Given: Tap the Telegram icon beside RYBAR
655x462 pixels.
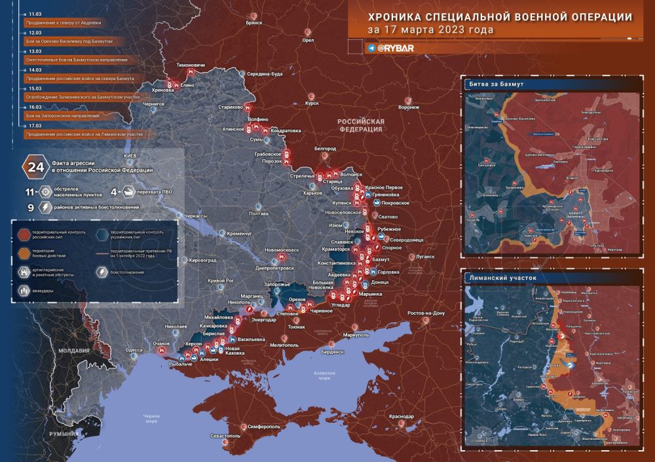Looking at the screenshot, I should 372,48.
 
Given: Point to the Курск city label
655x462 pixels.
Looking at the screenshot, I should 312,103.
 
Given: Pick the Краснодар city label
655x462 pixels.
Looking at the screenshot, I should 401,416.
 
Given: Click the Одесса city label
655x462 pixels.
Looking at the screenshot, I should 134,350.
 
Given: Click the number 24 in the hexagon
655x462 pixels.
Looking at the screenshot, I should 33,166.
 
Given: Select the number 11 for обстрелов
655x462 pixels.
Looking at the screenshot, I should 29,192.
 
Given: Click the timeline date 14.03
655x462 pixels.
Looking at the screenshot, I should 34,69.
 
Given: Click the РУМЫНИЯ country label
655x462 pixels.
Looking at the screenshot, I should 68,433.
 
